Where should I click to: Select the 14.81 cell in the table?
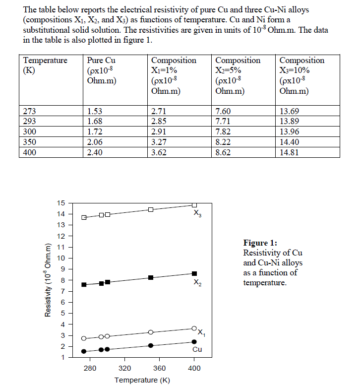coord(290,153)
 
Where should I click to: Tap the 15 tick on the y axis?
coord(61,203)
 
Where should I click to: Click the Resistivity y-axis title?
coord(48,281)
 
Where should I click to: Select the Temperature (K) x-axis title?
coord(142,380)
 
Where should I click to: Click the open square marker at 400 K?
coord(194,204)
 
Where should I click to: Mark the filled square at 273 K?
coord(84,285)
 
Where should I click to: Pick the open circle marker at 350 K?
coord(151,332)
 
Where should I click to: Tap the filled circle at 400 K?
coord(194,341)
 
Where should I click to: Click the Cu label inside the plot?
coord(197,350)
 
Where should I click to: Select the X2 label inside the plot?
coord(197,283)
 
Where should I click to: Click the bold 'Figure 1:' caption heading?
coord(260,243)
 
